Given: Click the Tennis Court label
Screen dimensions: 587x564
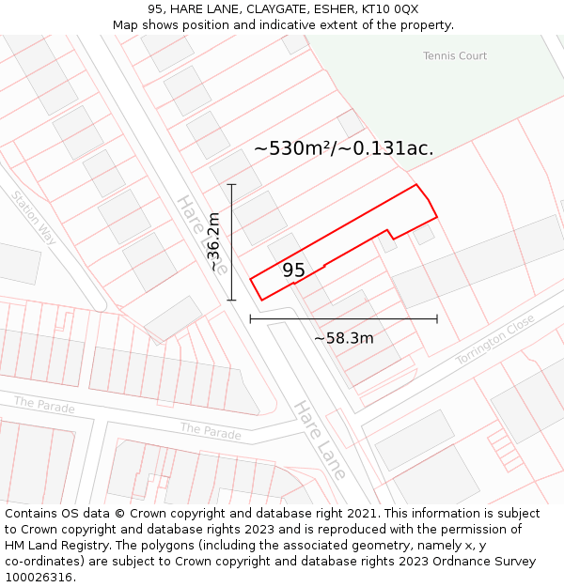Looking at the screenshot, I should pos(455,56).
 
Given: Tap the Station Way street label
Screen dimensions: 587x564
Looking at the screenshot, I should pos(34,219).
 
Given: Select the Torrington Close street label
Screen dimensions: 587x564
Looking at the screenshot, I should pos(495,340).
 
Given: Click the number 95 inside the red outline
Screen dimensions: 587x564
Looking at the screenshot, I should pos(293,270).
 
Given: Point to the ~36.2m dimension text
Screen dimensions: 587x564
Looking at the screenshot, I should pos(214,242).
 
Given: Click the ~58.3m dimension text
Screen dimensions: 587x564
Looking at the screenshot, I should pos(344,338).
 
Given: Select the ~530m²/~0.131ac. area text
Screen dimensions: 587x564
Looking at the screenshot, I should pos(344,148).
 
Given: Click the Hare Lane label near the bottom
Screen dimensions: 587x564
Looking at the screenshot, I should pos(320,440).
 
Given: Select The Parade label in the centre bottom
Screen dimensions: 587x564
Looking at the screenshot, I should pos(211,431).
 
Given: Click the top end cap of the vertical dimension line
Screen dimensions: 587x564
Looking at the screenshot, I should pos(231,185).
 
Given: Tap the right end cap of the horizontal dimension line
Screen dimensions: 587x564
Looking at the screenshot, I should pos(437,319).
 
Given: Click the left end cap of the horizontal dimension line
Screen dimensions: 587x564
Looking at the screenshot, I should pos(250,319).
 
